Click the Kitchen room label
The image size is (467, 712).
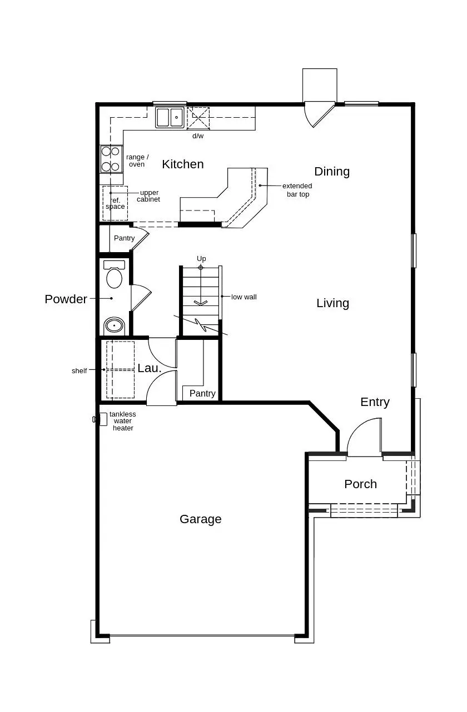point(182,164)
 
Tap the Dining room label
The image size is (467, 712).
point(332,172)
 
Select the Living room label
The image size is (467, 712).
point(332,303)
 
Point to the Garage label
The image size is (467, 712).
point(200,519)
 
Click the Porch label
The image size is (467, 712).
point(360,484)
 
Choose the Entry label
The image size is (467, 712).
point(375,402)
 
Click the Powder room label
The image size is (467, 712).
point(66,299)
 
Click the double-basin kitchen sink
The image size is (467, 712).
point(170,118)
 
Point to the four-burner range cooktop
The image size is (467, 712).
point(111,159)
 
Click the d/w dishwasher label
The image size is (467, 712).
point(198,136)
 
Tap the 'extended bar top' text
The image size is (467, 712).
point(297,190)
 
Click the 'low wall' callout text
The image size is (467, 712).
point(244,297)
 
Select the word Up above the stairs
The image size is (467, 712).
point(201,259)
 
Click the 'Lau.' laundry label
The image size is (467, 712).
point(150,368)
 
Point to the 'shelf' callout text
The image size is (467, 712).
point(79,371)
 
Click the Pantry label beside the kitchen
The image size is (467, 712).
point(124,238)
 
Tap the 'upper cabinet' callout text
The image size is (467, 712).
point(149,196)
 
